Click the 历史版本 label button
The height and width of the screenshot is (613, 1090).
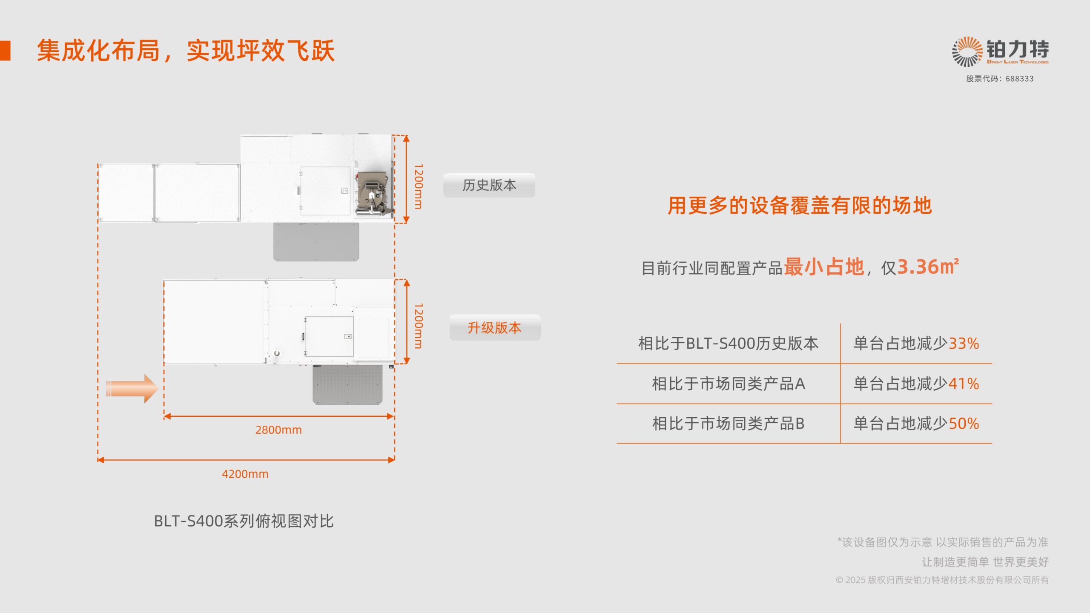click(489, 185)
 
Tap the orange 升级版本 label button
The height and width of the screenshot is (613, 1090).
click(495, 328)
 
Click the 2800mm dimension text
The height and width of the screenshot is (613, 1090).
click(278, 430)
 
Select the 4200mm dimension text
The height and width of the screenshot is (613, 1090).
click(245, 474)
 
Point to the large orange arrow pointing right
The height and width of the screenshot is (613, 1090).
click(132, 388)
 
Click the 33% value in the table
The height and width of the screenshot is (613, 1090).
click(964, 344)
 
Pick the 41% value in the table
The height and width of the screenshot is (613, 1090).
click(964, 384)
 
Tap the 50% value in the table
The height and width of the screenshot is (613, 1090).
click(964, 424)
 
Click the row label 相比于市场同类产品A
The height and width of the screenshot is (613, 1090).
click(729, 384)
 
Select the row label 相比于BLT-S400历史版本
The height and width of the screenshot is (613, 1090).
click(729, 344)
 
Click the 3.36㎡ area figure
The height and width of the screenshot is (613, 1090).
click(928, 267)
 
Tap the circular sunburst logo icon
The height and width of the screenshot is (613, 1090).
click(967, 52)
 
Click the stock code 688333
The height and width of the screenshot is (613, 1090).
click(1019, 79)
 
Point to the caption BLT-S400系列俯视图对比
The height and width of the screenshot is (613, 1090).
click(244, 521)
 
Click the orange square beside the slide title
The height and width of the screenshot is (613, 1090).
click(5, 51)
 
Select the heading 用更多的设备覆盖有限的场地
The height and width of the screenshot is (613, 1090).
click(800, 206)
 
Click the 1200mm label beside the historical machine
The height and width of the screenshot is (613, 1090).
click(419, 186)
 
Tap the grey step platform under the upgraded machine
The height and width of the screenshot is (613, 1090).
click(347, 385)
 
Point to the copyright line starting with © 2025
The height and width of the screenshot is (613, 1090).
click(942, 580)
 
